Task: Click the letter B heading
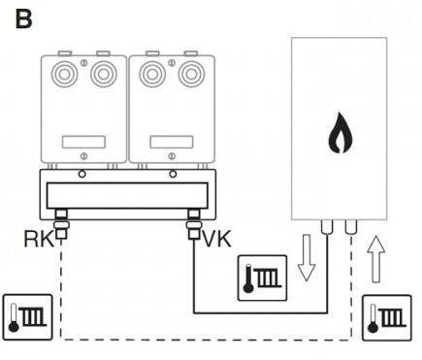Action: click(23, 19)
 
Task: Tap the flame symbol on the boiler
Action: click(340, 133)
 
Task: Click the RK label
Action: click(39, 239)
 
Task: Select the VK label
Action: click(216, 239)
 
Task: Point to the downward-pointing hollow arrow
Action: click(306, 258)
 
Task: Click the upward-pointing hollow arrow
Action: click(375, 259)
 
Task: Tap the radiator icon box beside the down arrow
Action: click(262, 278)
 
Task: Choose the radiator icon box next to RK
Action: click(27, 317)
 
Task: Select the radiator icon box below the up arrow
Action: click(387, 317)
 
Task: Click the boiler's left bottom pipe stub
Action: click(327, 227)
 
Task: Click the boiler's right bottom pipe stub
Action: click(351, 227)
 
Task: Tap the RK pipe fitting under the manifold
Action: click(61, 224)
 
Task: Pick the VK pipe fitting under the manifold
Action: click(194, 224)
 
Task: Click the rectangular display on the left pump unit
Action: click(83, 142)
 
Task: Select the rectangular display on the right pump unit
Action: click(172, 142)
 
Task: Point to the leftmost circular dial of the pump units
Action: click(64, 74)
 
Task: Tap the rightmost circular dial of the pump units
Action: click(191, 74)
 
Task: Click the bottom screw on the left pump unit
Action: click(83, 156)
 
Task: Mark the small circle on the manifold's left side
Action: click(82, 175)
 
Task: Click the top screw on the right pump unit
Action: click(172, 62)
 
